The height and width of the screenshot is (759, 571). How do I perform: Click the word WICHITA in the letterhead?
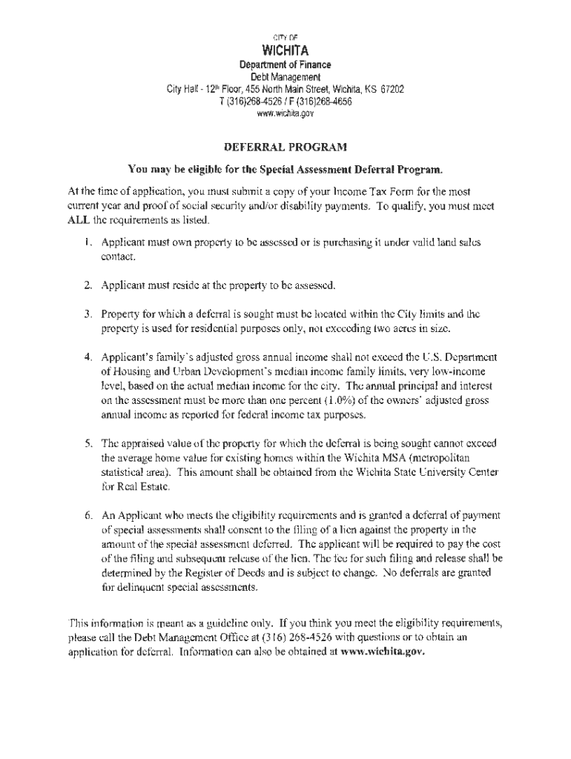[x=285, y=51]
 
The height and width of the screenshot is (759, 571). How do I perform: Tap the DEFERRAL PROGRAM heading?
[x=285, y=147]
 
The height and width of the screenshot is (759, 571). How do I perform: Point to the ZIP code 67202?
[x=391, y=90]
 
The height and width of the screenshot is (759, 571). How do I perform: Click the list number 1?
[x=87, y=242]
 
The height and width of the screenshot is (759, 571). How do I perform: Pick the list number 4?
[x=87, y=337]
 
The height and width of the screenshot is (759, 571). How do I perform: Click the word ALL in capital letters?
[x=81, y=221]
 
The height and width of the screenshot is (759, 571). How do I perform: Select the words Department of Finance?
[x=285, y=64]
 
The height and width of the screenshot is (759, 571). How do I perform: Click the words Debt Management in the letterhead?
[x=285, y=77]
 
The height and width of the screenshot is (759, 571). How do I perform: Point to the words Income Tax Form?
[x=374, y=191]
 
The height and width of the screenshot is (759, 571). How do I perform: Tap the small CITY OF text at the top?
[x=285, y=36]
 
